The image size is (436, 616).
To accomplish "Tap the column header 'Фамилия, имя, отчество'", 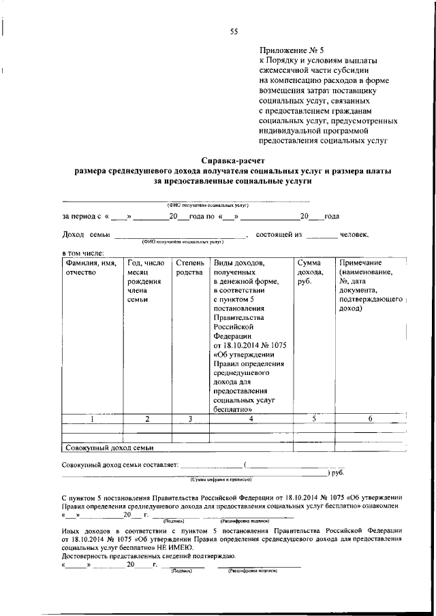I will pyautogui.click(x=90, y=268).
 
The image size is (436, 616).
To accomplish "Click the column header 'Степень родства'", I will pyautogui.click(x=189, y=268).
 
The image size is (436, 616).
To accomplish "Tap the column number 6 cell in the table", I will pyautogui.click(x=370, y=419).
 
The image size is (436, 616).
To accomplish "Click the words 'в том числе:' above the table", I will pyautogui.click(x=83, y=253).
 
